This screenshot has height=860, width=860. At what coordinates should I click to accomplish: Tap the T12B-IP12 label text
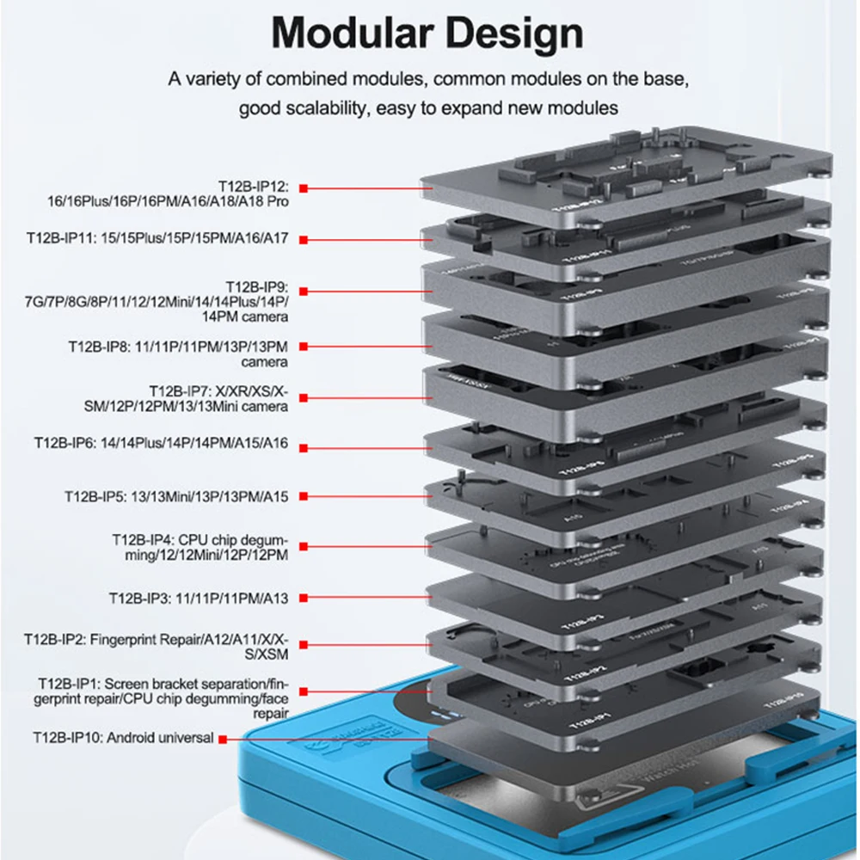[257, 186]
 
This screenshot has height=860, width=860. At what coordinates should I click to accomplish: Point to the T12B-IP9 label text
[257, 286]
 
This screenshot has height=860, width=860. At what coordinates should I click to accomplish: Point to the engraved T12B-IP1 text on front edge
[582, 716]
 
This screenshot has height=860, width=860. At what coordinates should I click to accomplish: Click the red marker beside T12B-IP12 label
[304, 187]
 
